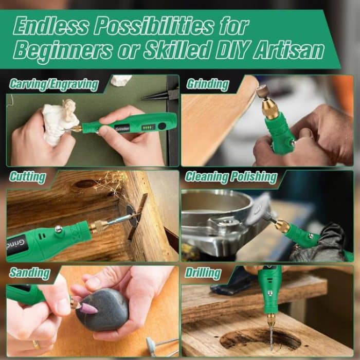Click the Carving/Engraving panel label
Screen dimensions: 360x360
pyautogui.click(x=54, y=85)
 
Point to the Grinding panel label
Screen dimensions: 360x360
pyautogui.click(x=207, y=85)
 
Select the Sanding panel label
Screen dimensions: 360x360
pyautogui.click(x=29, y=272)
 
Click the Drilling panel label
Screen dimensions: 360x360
pyautogui.click(x=203, y=273)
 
